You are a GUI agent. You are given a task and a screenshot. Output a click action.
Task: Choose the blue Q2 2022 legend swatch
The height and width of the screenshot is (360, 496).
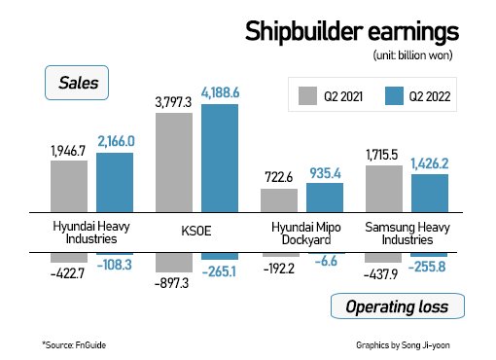394,95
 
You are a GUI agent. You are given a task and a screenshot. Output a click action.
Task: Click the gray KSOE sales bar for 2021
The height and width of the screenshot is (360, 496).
174,162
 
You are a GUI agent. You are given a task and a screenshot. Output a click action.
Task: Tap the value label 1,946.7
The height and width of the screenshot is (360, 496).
68,152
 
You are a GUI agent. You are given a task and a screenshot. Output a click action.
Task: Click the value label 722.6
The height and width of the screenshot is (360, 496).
279,180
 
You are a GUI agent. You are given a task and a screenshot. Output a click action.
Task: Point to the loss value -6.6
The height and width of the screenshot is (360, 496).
326,264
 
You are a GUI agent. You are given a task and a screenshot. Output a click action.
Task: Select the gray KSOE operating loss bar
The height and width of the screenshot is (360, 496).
174,263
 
